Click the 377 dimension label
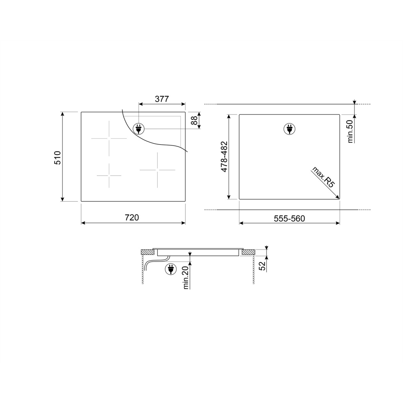click(162, 99)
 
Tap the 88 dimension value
click(195, 120)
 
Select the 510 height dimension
click(57, 157)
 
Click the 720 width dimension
click(132, 217)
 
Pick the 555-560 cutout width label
click(289, 218)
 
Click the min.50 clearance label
click(350, 132)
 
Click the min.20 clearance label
click(186, 278)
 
